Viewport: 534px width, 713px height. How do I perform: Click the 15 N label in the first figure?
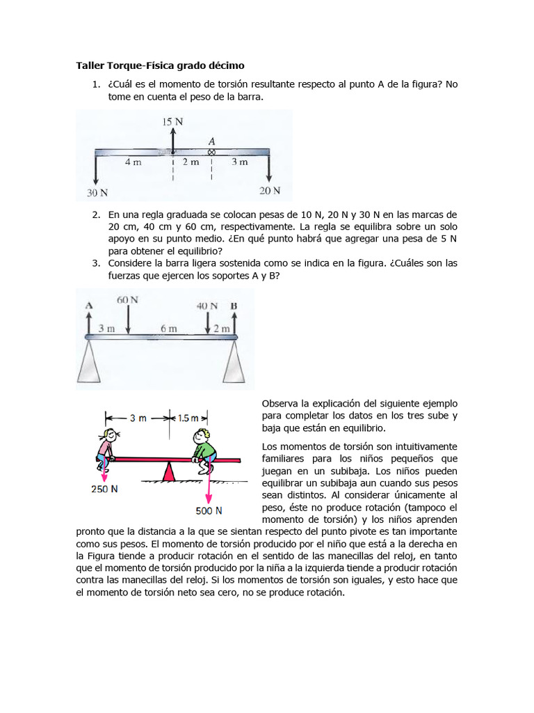click(172, 121)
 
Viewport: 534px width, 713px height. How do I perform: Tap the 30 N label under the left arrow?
click(97, 192)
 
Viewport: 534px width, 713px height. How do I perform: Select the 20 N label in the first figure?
click(270, 190)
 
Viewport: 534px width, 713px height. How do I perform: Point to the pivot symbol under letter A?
click(211, 152)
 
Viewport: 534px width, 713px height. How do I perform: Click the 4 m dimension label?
click(133, 162)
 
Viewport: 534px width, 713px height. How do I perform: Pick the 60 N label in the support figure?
click(128, 300)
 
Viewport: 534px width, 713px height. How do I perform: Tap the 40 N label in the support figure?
click(207, 306)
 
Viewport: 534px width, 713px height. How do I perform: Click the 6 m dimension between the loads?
click(169, 328)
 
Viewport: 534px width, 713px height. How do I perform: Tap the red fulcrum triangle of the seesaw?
click(168, 472)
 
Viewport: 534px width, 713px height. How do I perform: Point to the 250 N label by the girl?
click(104, 489)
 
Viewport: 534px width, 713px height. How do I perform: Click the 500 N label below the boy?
click(209, 510)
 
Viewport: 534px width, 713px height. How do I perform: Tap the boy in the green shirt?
click(204, 449)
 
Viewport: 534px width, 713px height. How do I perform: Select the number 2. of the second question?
click(97, 214)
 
